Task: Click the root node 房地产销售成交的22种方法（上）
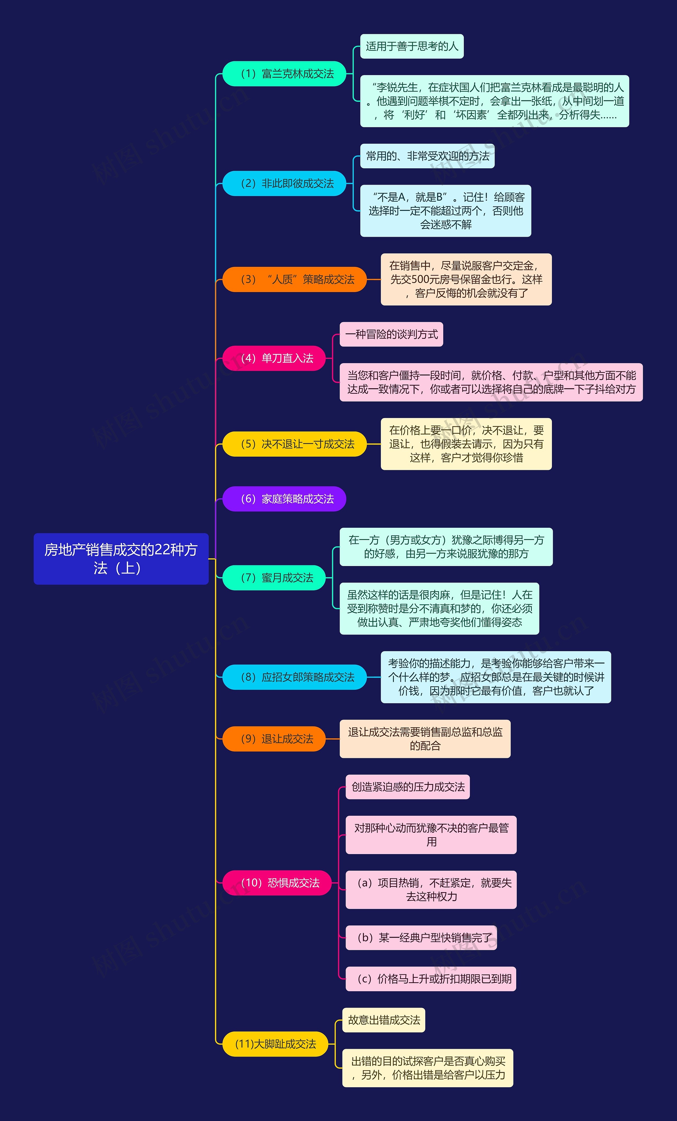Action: tap(121, 559)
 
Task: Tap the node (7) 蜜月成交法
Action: tap(274, 578)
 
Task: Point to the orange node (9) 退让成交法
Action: tap(274, 739)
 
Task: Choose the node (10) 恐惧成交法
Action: tap(277, 883)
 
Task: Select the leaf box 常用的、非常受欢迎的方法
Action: tap(427, 156)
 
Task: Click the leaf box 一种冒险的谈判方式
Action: tap(391, 334)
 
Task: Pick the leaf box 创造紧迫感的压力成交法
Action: tap(408, 787)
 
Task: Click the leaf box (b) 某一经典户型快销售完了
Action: tap(421, 938)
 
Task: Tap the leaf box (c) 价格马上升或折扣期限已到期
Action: tap(431, 979)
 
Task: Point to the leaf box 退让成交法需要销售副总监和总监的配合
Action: tap(425, 739)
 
